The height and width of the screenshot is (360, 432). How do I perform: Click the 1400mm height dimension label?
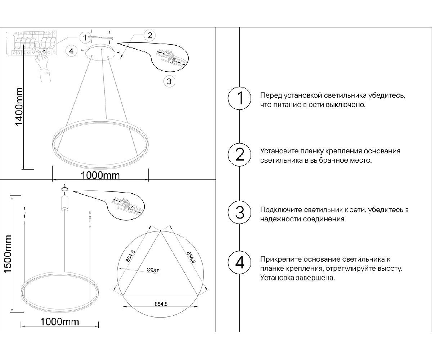tap(19, 107)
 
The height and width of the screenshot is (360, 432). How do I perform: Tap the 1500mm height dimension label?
tap(8, 254)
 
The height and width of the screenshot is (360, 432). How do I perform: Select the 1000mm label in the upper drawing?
tap(100, 175)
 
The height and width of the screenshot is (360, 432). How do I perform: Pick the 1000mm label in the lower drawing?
tap(60, 322)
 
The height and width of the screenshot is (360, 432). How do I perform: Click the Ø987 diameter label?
tap(153, 270)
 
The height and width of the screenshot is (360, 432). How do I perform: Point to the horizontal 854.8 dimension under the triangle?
tap(161, 304)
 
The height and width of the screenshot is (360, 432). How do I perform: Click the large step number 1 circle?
tap(239, 98)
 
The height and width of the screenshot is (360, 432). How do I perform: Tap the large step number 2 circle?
tap(239, 154)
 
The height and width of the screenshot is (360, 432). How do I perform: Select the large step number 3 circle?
tap(239, 212)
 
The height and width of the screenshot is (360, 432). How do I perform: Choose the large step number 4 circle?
tap(239, 262)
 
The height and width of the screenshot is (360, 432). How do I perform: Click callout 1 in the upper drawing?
tap(85, 38)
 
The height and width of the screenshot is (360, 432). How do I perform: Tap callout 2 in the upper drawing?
tap(150, 35)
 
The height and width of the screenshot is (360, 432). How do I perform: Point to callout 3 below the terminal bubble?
tap(169, 81)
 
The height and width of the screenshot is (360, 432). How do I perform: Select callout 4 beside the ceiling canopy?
tap(71, 51)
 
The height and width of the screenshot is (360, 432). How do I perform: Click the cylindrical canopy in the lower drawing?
tap(65, 202)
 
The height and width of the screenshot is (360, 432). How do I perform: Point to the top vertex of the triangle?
tap(160, 231)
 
